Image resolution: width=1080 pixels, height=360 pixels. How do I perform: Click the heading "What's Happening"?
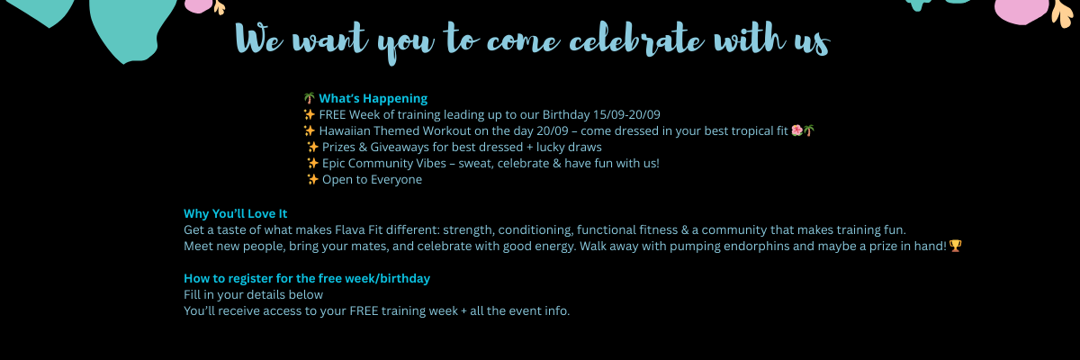373,99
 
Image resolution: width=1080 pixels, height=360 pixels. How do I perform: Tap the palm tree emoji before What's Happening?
309,98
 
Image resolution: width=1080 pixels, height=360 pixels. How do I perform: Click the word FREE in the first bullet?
332,114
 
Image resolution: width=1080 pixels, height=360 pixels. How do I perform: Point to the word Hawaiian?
345,131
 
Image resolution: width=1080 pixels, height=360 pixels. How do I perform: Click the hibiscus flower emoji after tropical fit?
797,130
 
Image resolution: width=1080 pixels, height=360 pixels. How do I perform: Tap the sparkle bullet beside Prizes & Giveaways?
312,147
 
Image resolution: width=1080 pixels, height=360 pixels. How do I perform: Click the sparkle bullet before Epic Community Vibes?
312,164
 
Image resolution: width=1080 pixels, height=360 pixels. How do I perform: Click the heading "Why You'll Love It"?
235,214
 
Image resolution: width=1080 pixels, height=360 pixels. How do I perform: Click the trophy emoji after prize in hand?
955,246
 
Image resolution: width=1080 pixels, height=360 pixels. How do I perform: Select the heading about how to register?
307,279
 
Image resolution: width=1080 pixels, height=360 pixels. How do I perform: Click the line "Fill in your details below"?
253,294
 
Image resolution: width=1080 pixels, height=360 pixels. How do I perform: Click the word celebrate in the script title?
636,40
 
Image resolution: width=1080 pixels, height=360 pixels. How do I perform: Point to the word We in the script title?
259,39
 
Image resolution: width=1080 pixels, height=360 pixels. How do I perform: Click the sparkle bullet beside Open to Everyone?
312,179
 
